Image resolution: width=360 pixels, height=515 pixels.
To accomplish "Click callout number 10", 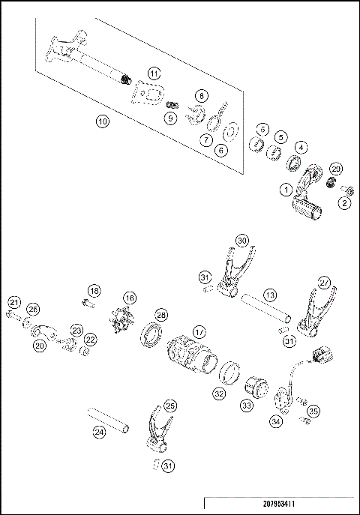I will (x=103, y=121).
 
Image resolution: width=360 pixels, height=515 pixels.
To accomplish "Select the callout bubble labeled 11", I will (x=154, y=73).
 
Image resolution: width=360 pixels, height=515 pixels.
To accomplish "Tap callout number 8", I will (x=200, y=95).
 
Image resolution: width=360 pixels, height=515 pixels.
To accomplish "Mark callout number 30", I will (x=241, y=240).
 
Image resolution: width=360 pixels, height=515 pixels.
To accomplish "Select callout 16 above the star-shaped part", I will (x=130, y=298).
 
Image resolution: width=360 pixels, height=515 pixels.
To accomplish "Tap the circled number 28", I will (x=160, y=314).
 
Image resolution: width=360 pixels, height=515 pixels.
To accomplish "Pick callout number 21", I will (x=14, y=302).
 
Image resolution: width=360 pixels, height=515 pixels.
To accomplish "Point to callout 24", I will (x=98, y=432).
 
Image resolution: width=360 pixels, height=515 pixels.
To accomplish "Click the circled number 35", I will (x=313, y=411).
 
